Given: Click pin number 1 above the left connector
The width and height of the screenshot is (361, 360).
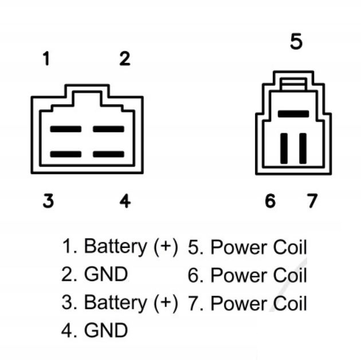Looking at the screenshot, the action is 47,58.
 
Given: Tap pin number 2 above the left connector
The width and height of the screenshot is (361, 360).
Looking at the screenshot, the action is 125,59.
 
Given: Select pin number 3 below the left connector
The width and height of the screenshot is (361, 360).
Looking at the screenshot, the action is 48,201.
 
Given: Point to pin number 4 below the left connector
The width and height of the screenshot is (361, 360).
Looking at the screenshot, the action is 125,201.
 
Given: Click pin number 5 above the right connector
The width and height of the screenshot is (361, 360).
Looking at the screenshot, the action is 296,41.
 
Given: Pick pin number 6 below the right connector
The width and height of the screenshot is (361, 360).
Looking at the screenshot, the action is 270,201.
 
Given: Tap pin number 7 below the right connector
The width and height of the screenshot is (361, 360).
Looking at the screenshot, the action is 312,201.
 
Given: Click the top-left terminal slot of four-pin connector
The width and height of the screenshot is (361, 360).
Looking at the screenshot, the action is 66,129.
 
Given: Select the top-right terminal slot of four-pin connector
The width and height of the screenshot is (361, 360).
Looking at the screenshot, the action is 108,129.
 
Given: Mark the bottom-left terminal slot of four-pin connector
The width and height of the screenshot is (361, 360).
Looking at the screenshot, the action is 66,154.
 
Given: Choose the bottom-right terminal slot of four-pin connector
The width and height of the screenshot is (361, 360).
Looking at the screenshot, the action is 108,154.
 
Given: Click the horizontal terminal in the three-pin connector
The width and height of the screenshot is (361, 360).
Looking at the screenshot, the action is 293,114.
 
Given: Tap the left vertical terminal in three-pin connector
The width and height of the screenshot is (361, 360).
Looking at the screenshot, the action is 284,148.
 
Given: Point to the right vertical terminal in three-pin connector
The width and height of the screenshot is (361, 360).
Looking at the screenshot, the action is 303,148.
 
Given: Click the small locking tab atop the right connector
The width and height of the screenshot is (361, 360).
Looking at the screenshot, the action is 293,84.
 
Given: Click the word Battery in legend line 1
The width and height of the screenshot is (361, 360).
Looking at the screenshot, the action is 116,247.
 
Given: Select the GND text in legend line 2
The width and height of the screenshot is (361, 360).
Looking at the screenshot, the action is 106,274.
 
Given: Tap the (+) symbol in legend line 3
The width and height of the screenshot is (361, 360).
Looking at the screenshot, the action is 166,303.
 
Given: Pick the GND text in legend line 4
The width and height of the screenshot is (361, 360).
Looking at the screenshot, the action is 106,330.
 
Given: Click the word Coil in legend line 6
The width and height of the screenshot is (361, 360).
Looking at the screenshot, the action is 290,275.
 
